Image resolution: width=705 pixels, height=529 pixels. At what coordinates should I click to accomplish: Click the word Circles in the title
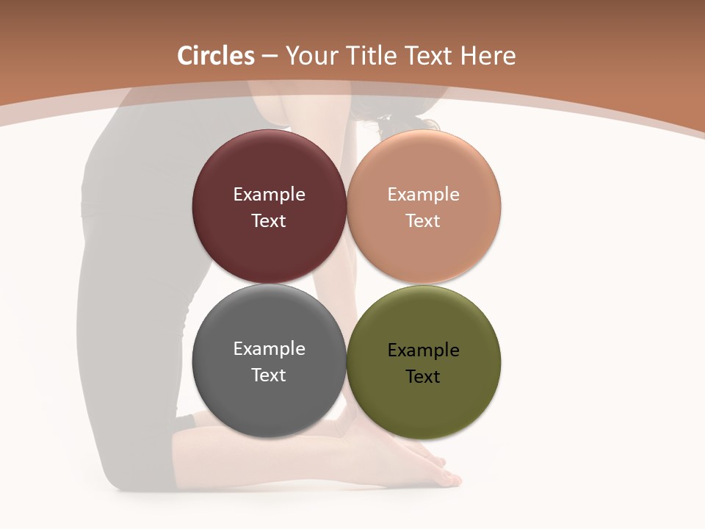[216, 56]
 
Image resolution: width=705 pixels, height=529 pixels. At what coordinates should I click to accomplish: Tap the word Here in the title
[488, 56]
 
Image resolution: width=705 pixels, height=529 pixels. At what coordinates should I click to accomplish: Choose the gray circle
[269, 400]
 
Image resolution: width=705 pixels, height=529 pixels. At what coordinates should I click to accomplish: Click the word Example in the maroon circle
[269, 195]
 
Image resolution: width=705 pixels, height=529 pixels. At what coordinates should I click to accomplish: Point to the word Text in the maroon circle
[269, 221]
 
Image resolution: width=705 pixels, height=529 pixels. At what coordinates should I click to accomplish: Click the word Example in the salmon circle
[424, 195]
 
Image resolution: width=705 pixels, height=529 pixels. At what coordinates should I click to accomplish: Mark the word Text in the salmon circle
[424, 221]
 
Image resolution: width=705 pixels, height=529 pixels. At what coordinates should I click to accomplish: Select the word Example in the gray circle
[269, 349]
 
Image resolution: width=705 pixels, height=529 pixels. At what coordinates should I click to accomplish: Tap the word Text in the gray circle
[269, 375]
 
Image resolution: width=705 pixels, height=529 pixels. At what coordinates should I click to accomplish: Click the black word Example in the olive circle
[424, 350]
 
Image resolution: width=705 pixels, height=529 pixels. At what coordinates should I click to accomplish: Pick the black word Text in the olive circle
[424, 377]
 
